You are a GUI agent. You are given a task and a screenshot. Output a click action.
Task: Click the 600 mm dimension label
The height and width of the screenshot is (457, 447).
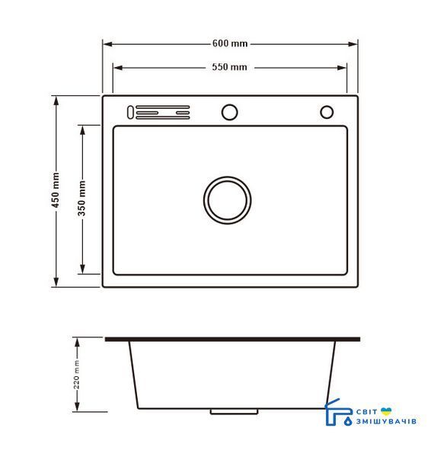click(230, 43)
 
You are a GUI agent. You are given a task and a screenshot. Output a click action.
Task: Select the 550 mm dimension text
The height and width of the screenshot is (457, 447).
click(230, 67)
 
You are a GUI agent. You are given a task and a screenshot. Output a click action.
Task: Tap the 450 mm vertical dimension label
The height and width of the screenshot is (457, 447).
click(56, 190)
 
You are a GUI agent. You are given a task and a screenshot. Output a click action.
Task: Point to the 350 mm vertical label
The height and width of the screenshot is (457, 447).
click(82, 198)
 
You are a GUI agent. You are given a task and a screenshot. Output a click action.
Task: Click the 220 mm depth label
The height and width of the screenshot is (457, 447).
click(76, 375)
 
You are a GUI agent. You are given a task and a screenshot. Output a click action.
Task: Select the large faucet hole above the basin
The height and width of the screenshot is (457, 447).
click(230, 112)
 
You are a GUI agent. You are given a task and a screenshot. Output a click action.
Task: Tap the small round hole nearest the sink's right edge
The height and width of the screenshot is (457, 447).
click(327, 112)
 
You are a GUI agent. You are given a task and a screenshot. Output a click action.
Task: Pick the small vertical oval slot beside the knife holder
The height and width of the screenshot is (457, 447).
click(130, 112)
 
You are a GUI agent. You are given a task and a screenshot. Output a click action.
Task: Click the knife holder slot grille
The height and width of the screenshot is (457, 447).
click(163, 113)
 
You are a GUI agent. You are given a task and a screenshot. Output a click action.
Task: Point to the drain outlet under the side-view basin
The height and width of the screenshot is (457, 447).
click(234, 411)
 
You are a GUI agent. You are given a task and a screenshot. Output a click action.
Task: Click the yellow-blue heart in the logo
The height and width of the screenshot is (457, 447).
click(386, 411)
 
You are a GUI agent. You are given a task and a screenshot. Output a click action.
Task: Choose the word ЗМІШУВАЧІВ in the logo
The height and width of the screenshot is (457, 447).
click(386, 421)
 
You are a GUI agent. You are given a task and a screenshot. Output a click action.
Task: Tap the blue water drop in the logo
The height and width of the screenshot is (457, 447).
click(348, 421)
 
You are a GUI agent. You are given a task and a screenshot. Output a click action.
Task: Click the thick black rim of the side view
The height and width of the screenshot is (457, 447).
click(232, 339)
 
